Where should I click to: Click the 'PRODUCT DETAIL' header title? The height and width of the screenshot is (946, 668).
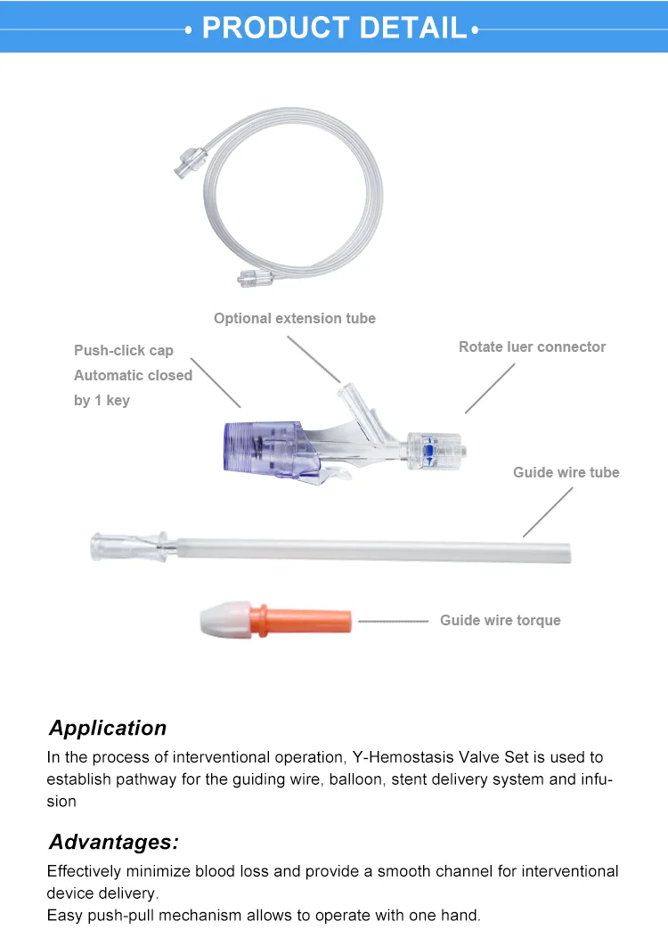tap(334, 28)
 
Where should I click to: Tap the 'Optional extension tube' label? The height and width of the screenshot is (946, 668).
tap(295, 318)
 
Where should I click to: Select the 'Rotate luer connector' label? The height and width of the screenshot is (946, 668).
tap(533, 347)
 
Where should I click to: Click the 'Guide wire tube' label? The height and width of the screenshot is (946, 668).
tap(566, 472)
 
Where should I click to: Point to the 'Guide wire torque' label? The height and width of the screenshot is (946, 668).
tap(501, 620)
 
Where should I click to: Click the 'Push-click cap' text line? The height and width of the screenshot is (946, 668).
tap(124, 351)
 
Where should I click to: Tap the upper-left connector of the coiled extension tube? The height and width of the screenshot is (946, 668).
tap(191, 160)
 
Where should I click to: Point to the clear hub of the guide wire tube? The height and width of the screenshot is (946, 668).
tap(129, 547)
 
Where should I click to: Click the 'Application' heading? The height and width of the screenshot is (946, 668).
tap(108, 728)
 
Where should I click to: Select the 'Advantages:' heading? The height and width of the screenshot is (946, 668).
tap(114, 842)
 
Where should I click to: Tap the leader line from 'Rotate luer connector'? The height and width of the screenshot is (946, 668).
tap(490, 388)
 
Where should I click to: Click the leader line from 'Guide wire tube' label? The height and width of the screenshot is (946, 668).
tap(548, 511)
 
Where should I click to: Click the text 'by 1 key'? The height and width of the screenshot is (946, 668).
tap(102, 401)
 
